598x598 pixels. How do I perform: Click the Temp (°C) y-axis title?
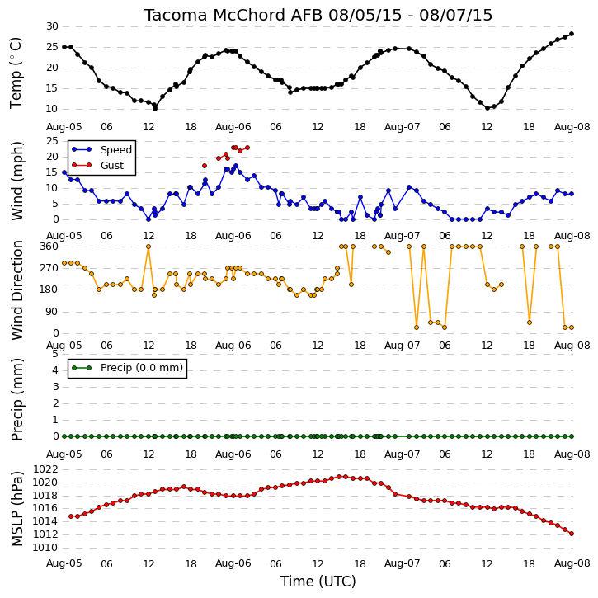(x=16, y=73)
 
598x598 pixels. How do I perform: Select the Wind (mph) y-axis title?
(x=16, y=181)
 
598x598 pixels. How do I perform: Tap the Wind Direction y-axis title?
(x=16, y=290)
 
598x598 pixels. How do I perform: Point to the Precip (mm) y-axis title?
(x=16, y=399)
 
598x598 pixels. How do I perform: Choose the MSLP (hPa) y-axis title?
(x=16, y=509)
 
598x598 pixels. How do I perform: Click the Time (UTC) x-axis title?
(x=318, y=582)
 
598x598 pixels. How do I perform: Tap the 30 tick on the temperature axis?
(x=52, y=26)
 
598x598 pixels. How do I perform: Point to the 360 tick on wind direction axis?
(x=49, y=247)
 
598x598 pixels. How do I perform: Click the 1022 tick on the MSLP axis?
(x=45, y=469)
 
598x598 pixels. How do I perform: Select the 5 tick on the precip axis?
(x=55, y=354)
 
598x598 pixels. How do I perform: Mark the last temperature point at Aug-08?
(x=572, y=34)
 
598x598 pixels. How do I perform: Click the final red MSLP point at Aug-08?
(x=572, y=534)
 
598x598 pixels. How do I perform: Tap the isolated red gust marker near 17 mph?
(x=205, y=166)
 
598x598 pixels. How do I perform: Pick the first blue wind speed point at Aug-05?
(x=64, y=172)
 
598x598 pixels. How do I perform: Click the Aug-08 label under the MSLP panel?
(x=572, y=563)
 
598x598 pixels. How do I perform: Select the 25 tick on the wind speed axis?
(x=52, y=141)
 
